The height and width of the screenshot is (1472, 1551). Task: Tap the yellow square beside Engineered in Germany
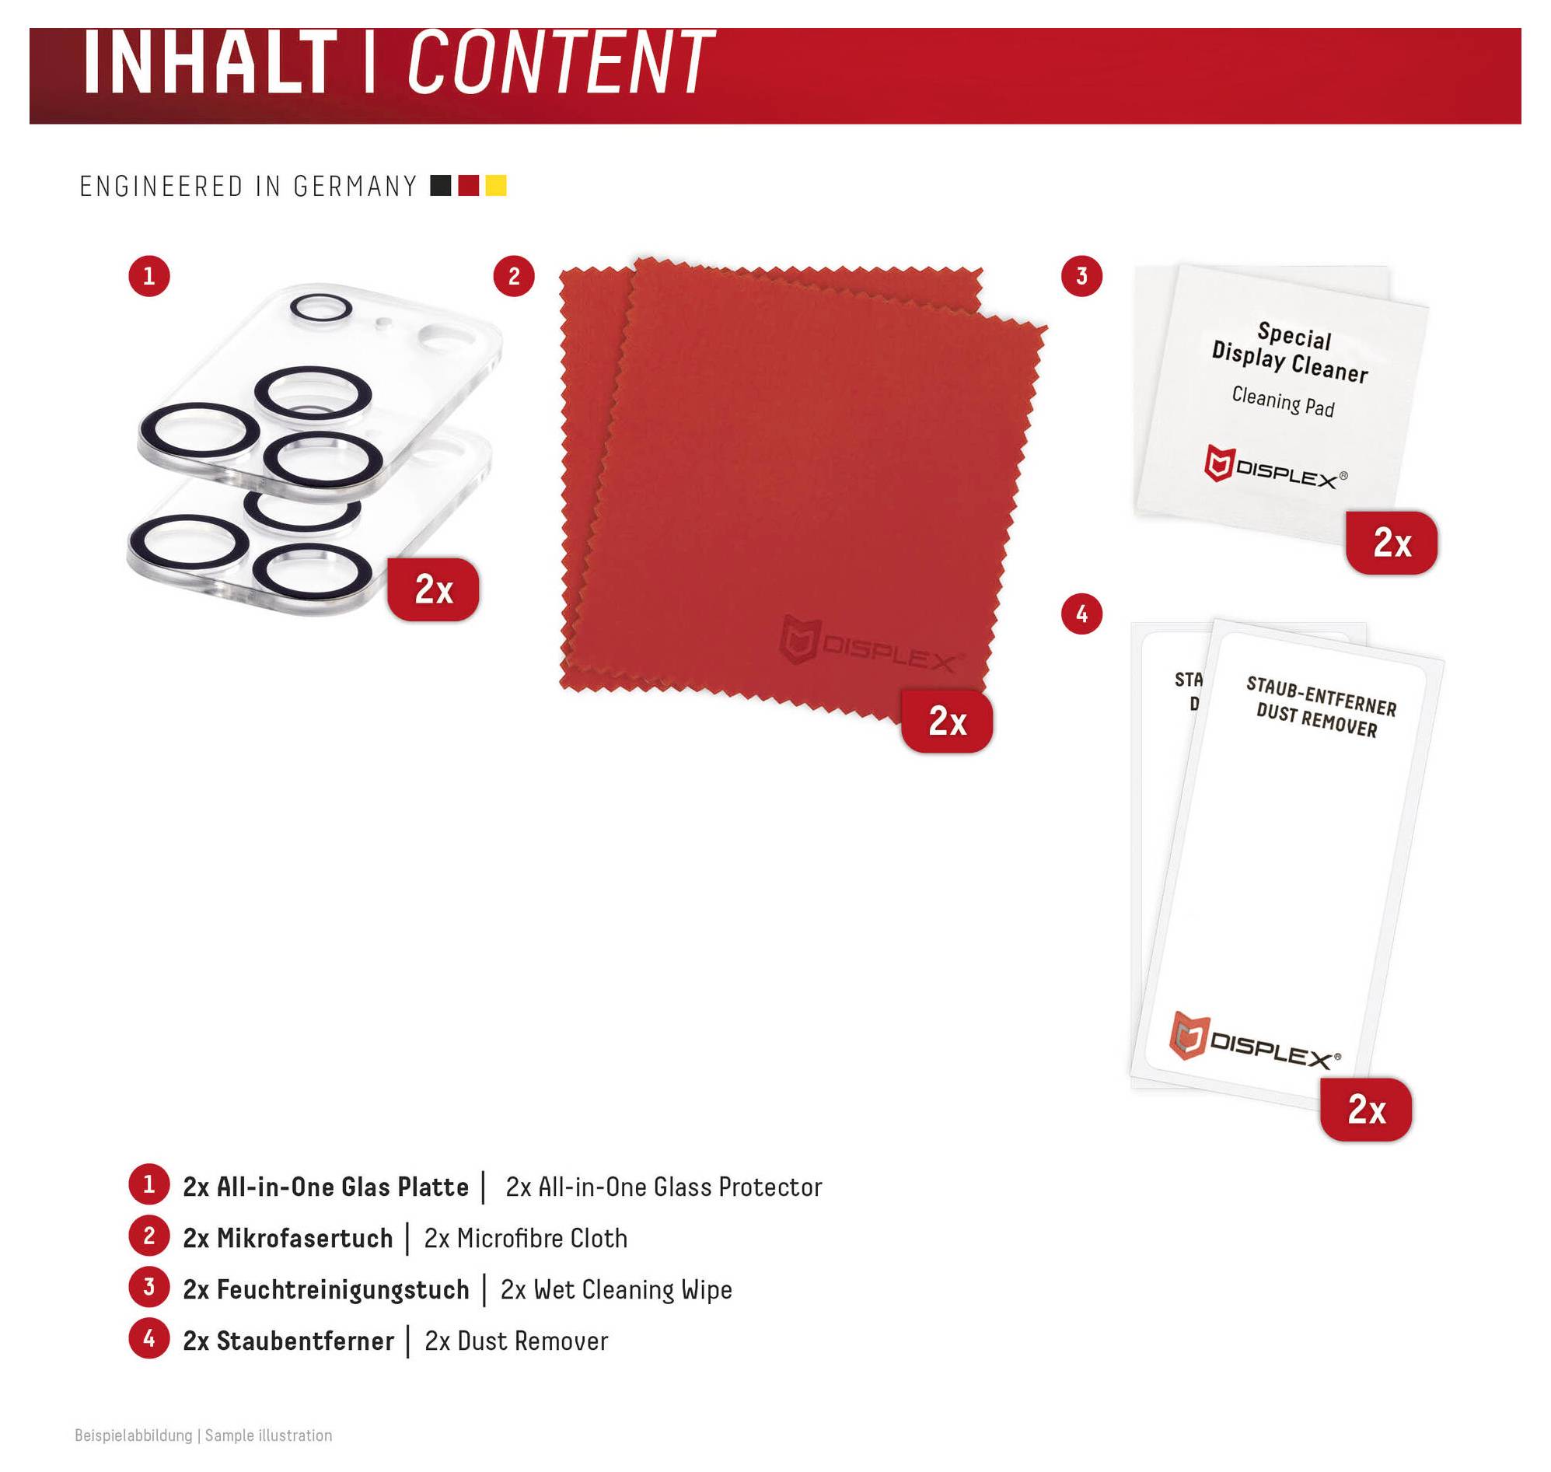click(x=496, y=186)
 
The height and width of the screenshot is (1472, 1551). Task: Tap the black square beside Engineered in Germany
click(x=441, y=186)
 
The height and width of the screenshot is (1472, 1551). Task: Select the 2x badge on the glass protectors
click(x=433, y=589)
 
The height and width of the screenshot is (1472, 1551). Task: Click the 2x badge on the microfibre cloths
click(x=947, y=721)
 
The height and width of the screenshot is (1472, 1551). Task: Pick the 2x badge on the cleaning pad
click(x=1392, y=542)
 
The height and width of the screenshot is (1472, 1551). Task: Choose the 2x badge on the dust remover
click(x=1366, y=1110)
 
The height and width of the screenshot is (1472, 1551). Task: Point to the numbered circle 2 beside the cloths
click(x=514, y=276)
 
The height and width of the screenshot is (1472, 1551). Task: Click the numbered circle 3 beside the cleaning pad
click(x=1082, y=276)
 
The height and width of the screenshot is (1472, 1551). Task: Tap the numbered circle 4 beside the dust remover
click(x=1082, y=614)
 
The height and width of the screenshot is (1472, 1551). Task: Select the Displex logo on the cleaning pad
click(x=1276, y=467)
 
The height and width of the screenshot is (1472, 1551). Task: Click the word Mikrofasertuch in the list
click(x=305, y=1239)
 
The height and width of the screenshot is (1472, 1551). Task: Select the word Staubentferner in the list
click(x=306, y=1341)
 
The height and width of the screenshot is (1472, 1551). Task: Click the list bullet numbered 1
click(x=149, y=1185)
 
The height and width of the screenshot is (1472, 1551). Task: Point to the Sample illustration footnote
click(x=268, y=1436)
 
